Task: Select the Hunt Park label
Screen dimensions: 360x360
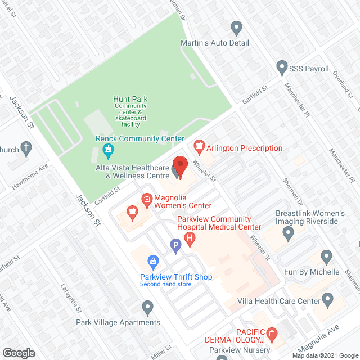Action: click(x=130, y=99)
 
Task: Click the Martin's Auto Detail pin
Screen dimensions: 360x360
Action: click(x=236, y=27)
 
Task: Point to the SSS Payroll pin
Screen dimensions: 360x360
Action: click(x=282, y=68)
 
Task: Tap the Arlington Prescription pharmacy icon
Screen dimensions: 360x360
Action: click(x=198, y=148)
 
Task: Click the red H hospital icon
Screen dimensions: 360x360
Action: click(x=190, y=239)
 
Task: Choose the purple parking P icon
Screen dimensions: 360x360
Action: click(x=175, y=245)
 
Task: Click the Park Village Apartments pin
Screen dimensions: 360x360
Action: click(x=147, y=307)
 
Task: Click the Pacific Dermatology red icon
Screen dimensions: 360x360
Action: click(x=272, y=335)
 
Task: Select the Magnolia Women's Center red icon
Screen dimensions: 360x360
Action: click(x=147, y=197)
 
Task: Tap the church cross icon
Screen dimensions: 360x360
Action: click(x=26, y=149)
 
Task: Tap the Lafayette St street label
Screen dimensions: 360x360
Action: click(x=71, y=298)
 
